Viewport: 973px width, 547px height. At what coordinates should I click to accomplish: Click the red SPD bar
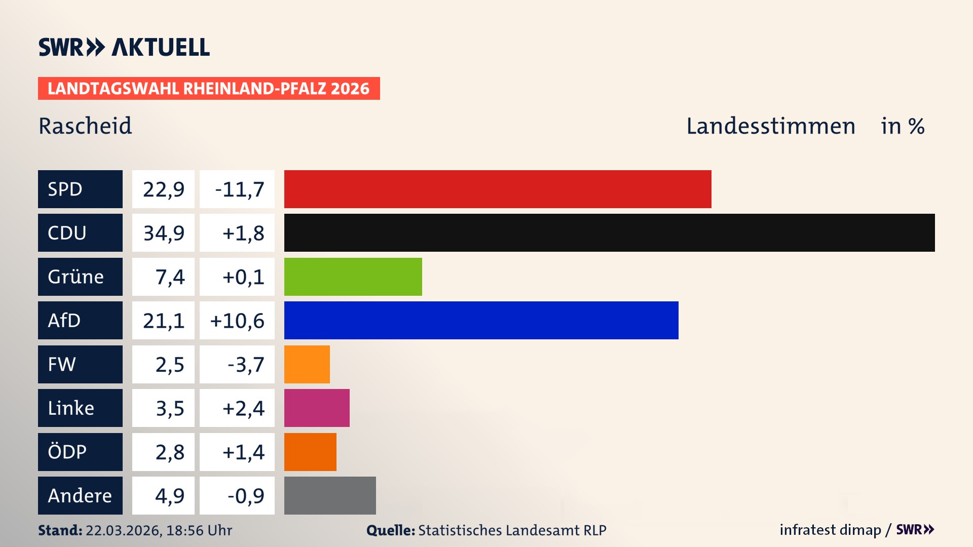click(498, 189)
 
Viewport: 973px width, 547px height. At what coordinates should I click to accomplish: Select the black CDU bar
click(609, 232)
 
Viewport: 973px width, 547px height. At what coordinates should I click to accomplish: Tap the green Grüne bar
click(353, 277)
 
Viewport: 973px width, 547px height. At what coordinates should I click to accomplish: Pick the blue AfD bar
click(481, 320)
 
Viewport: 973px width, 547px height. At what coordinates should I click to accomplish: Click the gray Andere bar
click(330, 495)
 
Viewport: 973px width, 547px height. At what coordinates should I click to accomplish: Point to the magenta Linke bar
click(317, 408)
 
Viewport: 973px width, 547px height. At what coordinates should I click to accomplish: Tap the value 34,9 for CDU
click(163, 233)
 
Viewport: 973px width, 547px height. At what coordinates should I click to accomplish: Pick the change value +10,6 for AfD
click(237, 321)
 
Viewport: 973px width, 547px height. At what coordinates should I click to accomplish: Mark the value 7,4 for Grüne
click(169, 277)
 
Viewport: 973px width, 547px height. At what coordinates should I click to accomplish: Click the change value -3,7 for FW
click(245, 365)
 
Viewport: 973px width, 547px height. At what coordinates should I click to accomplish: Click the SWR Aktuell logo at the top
click(124, 47)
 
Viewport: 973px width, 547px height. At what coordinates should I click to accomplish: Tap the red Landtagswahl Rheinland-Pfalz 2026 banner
click(208, 89)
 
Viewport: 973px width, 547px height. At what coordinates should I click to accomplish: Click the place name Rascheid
click(85, 126)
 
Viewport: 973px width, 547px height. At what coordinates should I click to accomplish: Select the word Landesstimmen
click(770, 126)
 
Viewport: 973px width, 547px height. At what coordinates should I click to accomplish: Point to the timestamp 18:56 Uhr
click(199, 530)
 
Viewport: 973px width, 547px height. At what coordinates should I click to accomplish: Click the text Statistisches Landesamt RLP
click(512, 530)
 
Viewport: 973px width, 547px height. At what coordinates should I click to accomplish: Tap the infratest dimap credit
click(830, 530)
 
